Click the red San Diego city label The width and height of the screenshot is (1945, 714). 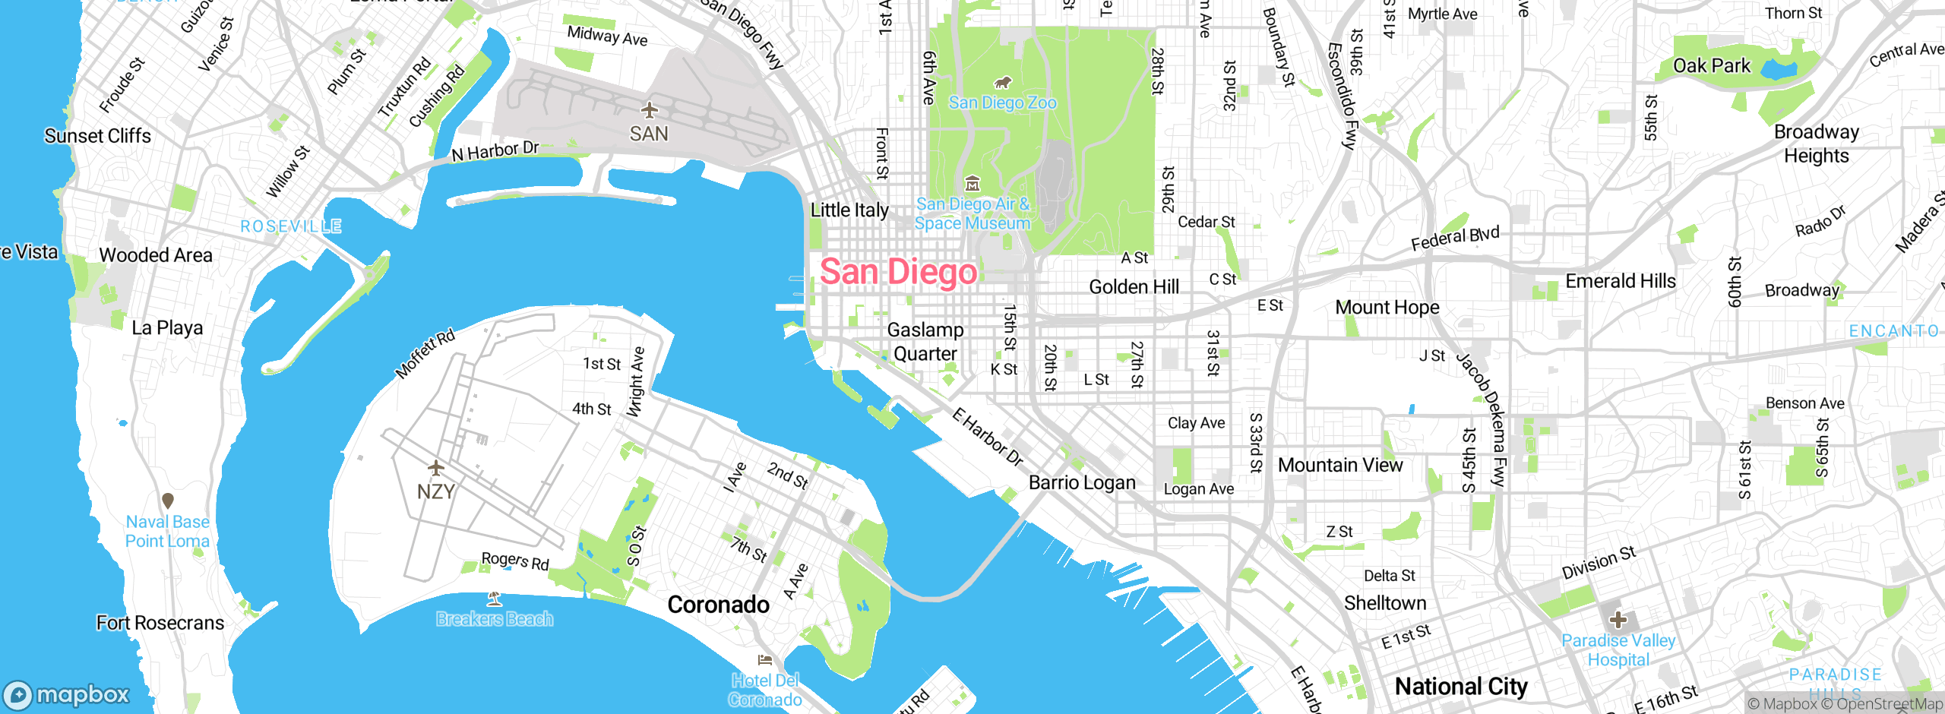[898, 272]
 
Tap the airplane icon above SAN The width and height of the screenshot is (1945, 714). [649, 110]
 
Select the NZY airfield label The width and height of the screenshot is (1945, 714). [435, 491]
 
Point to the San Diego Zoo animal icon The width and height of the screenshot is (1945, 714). [1002, 82]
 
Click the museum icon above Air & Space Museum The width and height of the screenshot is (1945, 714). [972, 183]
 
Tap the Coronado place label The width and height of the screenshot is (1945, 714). [718, 605]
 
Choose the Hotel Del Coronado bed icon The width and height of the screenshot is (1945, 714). [765, 659]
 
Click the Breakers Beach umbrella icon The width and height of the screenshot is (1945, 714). [495, 599]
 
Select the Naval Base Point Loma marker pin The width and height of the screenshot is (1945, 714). [168, 501]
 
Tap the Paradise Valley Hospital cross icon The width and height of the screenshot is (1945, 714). [1618, 619]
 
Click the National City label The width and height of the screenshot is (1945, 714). [1460, 687]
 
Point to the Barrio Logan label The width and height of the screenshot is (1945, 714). [1082, 483]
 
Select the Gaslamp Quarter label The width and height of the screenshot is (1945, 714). [925, 342]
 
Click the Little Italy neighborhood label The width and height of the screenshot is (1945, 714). [849, 210]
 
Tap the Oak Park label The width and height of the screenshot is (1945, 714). [1711, 66]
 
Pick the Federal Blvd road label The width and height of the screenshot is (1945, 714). [1455, 238]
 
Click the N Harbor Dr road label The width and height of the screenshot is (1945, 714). [495, 151]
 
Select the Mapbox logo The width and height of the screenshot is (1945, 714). [67, 694]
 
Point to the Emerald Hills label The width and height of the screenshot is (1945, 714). [1620, 281]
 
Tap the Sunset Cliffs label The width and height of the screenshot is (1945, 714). [97, 136]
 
